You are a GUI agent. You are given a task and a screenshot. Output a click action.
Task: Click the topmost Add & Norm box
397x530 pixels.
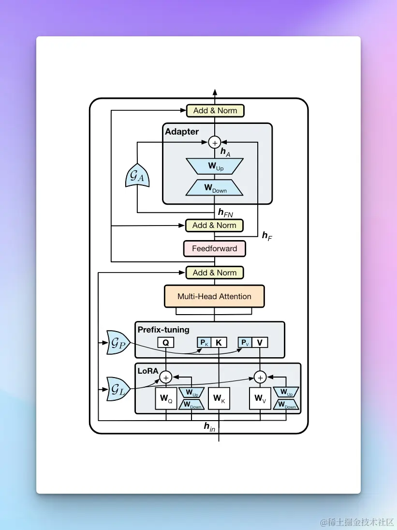click(x=215, y=110)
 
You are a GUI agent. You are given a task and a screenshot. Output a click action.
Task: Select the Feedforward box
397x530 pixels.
click(x=214, y=248)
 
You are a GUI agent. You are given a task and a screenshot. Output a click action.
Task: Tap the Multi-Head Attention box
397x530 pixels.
click(x=214, y=296)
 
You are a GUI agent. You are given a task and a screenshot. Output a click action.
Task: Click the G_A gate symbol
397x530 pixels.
click(x=137, y=175)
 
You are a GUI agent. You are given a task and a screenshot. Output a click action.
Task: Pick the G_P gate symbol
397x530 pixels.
click(x=118, y=343)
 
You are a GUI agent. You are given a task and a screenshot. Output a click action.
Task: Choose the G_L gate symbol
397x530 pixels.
click(x=118, y=389)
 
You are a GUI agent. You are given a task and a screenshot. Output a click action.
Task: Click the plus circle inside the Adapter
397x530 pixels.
click(x=215, y=142)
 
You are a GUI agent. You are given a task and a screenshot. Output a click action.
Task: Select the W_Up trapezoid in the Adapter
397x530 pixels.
click(x=215, y=167)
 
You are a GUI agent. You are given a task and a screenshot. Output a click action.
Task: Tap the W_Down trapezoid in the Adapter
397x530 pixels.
click(x=214, y=188)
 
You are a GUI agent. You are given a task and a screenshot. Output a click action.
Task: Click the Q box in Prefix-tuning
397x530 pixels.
click(x=166, y=342)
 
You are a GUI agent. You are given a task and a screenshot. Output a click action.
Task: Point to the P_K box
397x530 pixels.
click(x=204, y=342)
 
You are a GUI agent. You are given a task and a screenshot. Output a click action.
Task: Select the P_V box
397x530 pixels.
click(x=245, y=342)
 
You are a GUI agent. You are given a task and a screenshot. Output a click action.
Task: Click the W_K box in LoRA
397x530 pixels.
click(x=219, y=398)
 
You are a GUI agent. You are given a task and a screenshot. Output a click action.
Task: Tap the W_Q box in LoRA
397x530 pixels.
click(x=166, y=398)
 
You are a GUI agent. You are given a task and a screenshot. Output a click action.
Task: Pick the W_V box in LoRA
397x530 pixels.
click(x=260, y=398)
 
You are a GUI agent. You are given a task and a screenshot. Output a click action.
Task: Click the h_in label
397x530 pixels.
click(x=209, y=427)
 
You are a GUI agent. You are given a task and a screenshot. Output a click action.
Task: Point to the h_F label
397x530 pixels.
click(x=267, y=236)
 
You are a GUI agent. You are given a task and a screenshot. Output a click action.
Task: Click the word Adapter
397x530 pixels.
click(x=182, y=132)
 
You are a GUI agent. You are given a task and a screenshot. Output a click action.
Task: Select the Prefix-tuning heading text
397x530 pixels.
click(x=163, y=330)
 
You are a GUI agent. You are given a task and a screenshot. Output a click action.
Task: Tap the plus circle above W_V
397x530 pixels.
click(x=260, y=377)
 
